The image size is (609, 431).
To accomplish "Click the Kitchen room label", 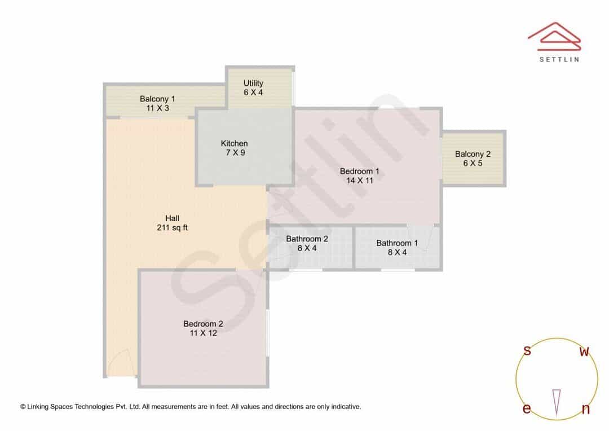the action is pos(234,143).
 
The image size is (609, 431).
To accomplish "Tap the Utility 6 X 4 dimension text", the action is pos(253,93).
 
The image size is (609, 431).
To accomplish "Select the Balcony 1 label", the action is pos(157,99).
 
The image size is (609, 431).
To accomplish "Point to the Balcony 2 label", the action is pos(473,154).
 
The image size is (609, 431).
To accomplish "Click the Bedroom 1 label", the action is pos(359,171).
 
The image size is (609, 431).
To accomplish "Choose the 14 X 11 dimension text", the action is pos(360,181).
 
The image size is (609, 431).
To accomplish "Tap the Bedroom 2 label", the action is pos(203,324).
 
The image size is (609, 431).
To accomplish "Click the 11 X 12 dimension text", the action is pos(203,333).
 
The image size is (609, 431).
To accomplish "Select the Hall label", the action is pos(172,218).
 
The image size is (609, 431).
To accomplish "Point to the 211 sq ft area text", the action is pos(172,228).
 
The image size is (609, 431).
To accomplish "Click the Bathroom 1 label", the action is pos(397,243).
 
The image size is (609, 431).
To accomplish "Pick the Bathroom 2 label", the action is pos(307,239).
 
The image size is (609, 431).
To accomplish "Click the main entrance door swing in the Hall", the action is pos(122,363).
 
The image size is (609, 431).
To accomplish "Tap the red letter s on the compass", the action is pos(527,350).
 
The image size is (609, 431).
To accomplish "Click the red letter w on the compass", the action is pos(584,351).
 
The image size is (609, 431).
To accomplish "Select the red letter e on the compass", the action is pos(527,408).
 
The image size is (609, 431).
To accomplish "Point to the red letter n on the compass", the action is pos(585,409).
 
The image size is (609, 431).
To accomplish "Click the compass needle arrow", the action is pos(557,403).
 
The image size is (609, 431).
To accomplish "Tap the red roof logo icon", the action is pos(554,37).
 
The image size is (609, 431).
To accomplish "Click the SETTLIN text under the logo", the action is pos(559,59).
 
